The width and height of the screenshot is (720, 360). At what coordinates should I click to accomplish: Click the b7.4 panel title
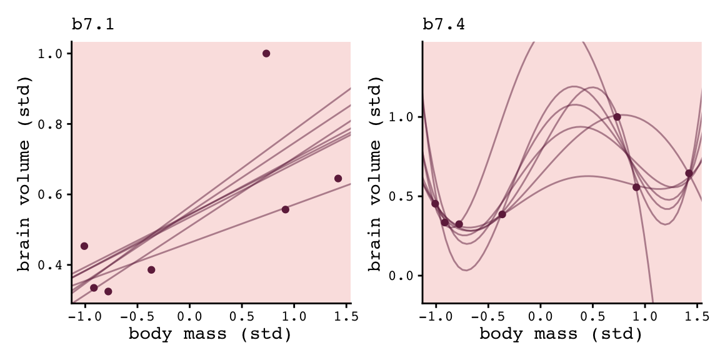tap(444, 25)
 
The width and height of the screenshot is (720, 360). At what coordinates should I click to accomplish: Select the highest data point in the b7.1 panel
tap(266, 54)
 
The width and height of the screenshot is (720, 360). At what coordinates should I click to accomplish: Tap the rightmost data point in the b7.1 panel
tap(338, 178)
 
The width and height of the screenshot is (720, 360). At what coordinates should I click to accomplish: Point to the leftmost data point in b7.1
tap(84, 246)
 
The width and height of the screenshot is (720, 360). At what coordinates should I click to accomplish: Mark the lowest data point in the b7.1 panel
tap(108, 292)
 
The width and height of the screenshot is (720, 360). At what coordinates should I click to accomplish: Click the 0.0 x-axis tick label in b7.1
tap(189, 316)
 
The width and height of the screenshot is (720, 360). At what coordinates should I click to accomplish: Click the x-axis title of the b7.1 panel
tap(210, 334)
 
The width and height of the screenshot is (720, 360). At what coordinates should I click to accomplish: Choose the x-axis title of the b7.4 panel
tap(561, 334)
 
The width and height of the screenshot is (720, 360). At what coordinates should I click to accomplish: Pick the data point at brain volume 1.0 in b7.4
tap(617, 117)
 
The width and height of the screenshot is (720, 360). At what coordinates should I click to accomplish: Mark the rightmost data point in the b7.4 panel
tap(689, 173)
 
